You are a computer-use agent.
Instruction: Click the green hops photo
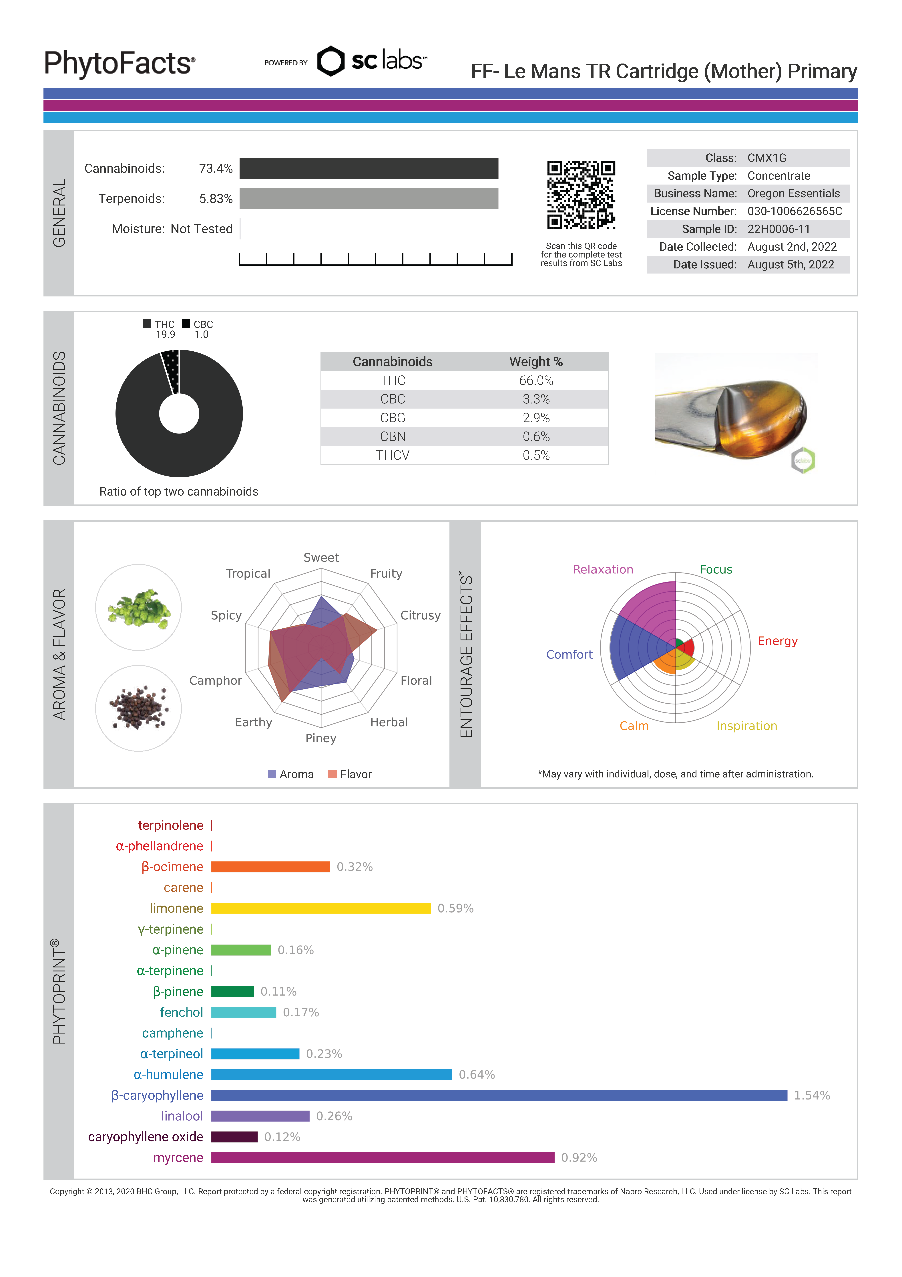(x=138, y=607)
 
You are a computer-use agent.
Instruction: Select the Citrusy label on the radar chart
(x=420, y=615)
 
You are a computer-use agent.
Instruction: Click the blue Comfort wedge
(x=634, y=648)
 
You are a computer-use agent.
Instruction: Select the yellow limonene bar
(x=321, y=908)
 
